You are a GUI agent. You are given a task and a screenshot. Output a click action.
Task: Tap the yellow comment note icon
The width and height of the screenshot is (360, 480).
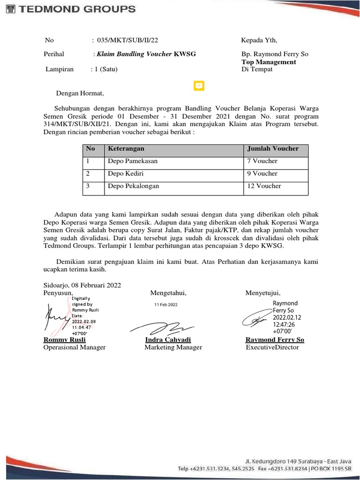(x=199, y=86)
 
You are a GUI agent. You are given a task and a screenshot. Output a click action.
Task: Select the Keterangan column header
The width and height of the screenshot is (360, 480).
(x=126, y=149)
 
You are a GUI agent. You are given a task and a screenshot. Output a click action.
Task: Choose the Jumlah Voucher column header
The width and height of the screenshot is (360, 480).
(x=272, y=149)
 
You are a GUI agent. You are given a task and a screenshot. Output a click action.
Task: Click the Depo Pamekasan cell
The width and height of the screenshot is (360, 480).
(x=133, y=161)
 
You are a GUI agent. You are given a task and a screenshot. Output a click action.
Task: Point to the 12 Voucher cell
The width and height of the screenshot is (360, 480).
(x=264, y=186)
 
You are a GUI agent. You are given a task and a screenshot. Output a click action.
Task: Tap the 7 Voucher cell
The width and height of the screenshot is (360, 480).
(x=262, y=161)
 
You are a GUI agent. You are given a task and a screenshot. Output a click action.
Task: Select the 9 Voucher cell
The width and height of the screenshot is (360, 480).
(x=262, y=173)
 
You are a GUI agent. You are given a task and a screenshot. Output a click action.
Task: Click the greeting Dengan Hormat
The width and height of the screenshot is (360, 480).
(x=80, y=93)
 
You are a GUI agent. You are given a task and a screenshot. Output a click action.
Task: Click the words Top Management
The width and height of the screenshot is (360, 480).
(x=269, y=62)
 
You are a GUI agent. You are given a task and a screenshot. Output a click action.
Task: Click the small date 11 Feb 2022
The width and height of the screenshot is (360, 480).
(x=166, y=305)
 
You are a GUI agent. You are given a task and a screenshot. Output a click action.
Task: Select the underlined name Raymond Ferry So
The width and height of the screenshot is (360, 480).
(x=275, y=340)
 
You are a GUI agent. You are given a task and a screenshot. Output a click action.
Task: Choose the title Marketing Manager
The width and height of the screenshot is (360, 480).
(x=173, y=347)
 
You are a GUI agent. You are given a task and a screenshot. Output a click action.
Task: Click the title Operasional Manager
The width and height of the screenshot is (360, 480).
(x=75, y=347)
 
